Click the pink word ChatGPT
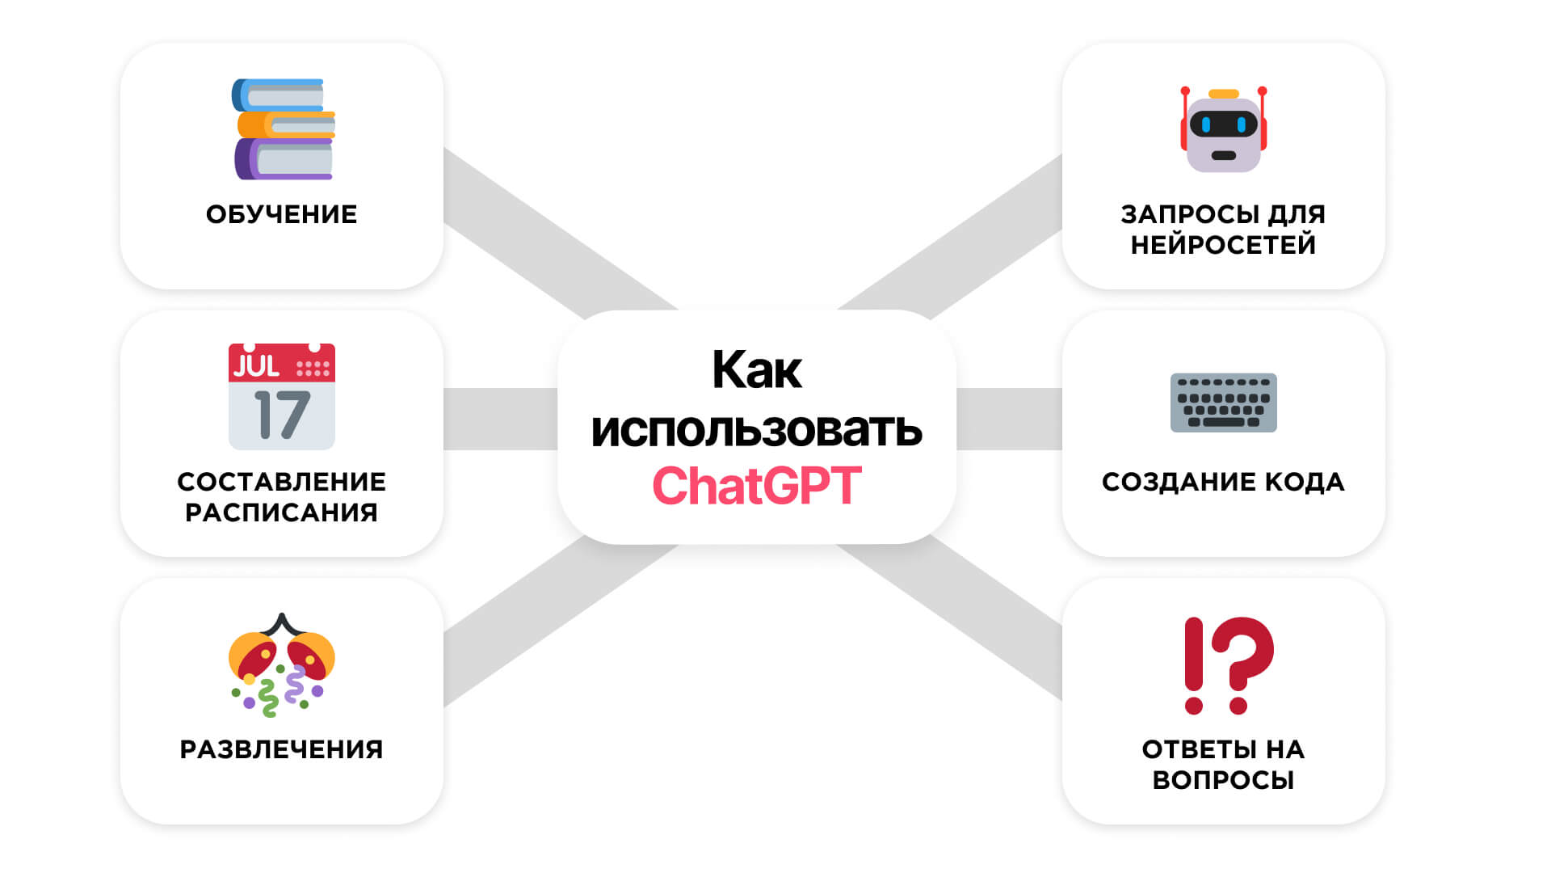coord(756,486)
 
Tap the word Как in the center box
coord(756,370)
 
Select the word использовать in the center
coord(756,429)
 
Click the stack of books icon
coord(283,129)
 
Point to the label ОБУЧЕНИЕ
coord(281,214)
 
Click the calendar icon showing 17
coord(281,396)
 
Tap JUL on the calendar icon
coord(256,366)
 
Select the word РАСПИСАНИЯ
coord(281,512)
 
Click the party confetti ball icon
coord(281,664)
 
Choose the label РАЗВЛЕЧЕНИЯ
coord(281,749)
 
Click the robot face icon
coord(1223,131)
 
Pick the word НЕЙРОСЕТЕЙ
coord(1223,245)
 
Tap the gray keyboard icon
coord(1223,403)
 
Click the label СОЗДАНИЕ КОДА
coord(1223,482)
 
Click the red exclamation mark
coord(1194,664)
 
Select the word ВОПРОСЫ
coord(1223,780)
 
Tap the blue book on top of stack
coord(280,95)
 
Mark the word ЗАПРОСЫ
coord(1190,214)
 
